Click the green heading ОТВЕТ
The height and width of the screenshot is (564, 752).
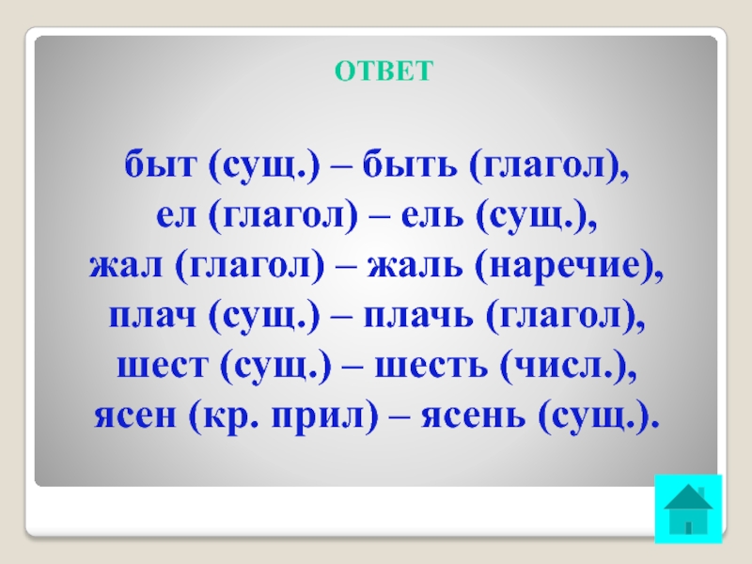[x=384, y=71]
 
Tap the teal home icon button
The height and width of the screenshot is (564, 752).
[x=688, y=509]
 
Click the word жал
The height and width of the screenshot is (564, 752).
[x=126, y=266]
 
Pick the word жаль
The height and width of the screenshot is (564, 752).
[x=415, y=266]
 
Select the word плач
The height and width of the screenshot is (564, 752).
[x=152, y=316]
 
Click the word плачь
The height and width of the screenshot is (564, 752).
[x=418, y=316]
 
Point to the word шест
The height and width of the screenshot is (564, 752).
[x=163, y=367]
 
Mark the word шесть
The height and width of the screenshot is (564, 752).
[x=431, y=367]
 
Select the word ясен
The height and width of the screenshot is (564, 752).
[x=135, y=415]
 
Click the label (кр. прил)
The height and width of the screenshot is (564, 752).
[x=284, y=416]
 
